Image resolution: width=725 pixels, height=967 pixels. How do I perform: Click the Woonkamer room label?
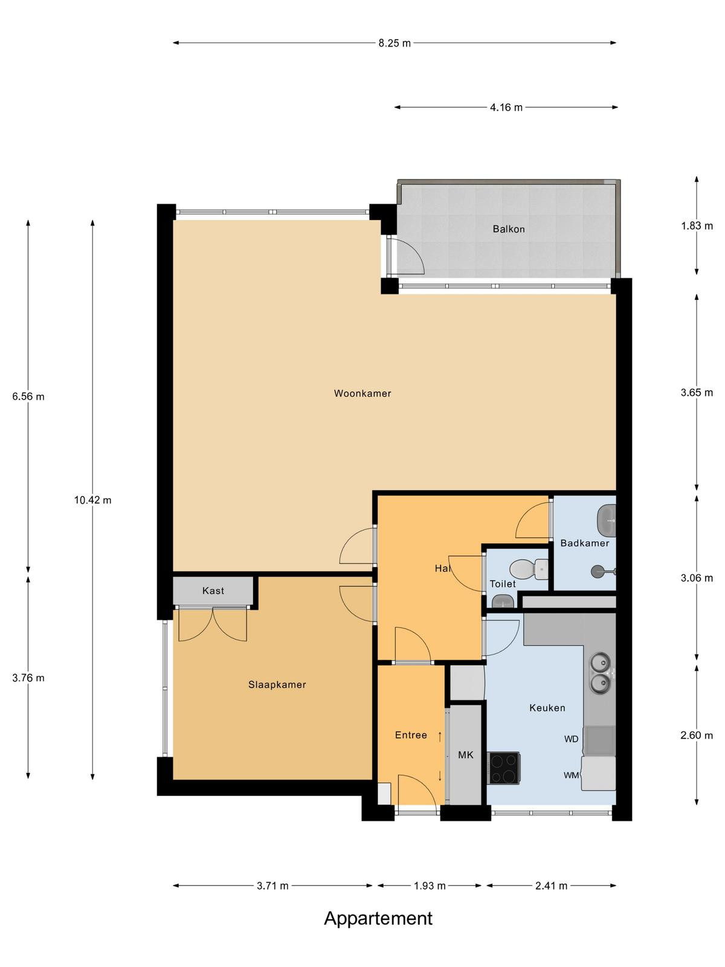(362, 393)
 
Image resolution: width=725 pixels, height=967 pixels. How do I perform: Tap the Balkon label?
(509, 229)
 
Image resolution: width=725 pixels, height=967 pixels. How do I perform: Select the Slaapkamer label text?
(277, 685)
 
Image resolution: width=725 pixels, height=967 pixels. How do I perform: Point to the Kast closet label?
(213, 590)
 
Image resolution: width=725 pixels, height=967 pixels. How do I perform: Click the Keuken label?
(547, 708)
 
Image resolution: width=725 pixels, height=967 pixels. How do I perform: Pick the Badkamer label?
(585, 543)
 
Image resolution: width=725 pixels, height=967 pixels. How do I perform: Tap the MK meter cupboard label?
(466, 755)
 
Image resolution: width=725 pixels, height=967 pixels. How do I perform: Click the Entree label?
(411, 735)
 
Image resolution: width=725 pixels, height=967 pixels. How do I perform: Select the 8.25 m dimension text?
(395, 43)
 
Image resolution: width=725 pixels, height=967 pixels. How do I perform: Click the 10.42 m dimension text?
(92, 500)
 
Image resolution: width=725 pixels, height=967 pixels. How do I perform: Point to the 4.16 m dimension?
(506, 108)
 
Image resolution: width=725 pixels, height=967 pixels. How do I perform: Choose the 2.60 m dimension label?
(697, 736)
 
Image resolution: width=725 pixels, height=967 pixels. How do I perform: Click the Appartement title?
(378, 919)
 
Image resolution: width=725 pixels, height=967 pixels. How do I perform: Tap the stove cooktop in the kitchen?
(504, 768)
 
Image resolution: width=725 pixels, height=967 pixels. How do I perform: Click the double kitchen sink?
(600, 672)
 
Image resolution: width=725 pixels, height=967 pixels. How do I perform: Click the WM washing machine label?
(572, 775)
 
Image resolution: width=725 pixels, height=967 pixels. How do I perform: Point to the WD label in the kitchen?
(572, 739)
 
